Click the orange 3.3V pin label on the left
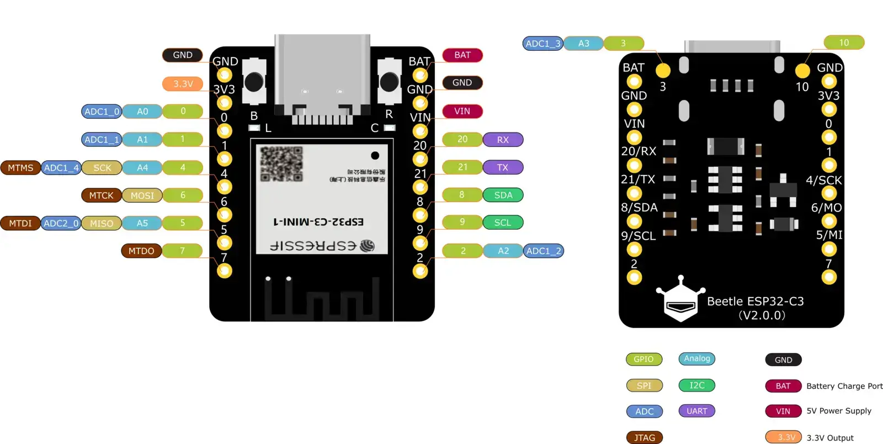(x=183, y=84)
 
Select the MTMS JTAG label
(x=20, y=168)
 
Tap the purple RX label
(x=503, y=140)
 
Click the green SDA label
(x=503, y=195)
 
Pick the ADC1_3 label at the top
(x=542, y=44)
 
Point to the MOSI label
(x=142, y=195)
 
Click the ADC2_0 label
(x=61, y=224)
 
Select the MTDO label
(x=141, y=251)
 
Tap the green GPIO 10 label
(x=843, y=43)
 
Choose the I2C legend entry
(x=696, y=385)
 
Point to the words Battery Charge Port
(x=844, y=386)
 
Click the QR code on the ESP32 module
(x=281, y=164)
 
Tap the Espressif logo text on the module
(x=322, y=246)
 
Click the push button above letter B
(x=254, y=82)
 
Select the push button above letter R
(x=389, y=82)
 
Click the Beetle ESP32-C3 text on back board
(x=755, y=302)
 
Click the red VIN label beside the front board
(x=462, y=112)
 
